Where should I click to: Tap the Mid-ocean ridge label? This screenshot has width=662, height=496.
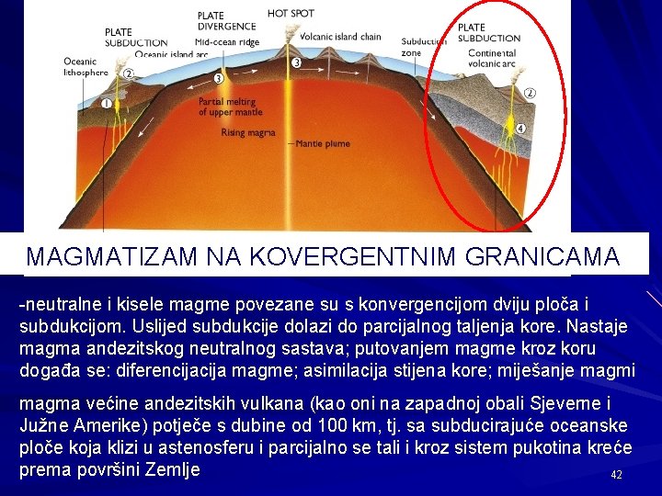point(227,42)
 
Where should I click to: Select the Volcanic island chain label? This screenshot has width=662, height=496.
point(340,38)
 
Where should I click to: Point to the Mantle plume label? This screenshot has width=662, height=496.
point(322,144)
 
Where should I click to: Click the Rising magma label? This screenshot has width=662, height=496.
point(248,133)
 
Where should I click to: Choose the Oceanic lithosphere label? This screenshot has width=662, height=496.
point(86,67)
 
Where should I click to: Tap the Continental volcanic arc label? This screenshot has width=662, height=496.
point(491,59)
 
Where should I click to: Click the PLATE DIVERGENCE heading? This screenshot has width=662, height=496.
point(224,21)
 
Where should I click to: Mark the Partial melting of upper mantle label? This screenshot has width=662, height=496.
point(231,107)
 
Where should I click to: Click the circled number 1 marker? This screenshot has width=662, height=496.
point(107,104)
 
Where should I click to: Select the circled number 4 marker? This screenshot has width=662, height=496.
point(520,129)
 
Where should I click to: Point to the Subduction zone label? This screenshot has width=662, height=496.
point(422,48)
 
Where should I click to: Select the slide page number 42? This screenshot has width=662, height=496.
point(617,475)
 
